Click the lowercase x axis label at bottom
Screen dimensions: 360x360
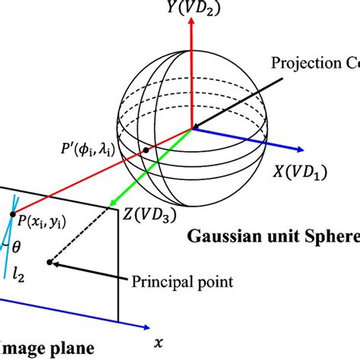pyautogui.click(x=158, y=343)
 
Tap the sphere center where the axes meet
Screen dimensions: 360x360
pyautogui.click(x=191, y=128)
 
